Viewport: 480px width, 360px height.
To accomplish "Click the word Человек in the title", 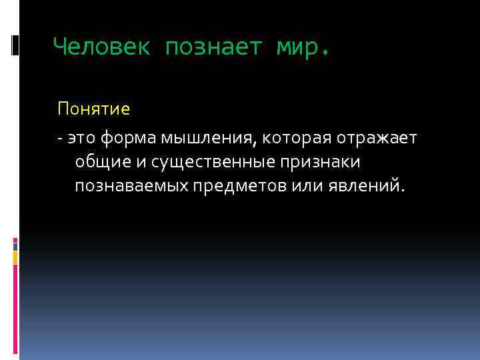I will point(102,47).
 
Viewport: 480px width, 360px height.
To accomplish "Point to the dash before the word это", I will point(60,138).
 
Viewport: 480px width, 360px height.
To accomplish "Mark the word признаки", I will point(323,161).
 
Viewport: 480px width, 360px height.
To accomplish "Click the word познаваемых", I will point(132,185).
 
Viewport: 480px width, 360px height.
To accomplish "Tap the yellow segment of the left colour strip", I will point(15,257).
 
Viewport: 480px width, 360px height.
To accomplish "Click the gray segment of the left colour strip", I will point(15,246).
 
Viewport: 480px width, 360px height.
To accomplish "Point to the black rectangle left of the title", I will point(15,45).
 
